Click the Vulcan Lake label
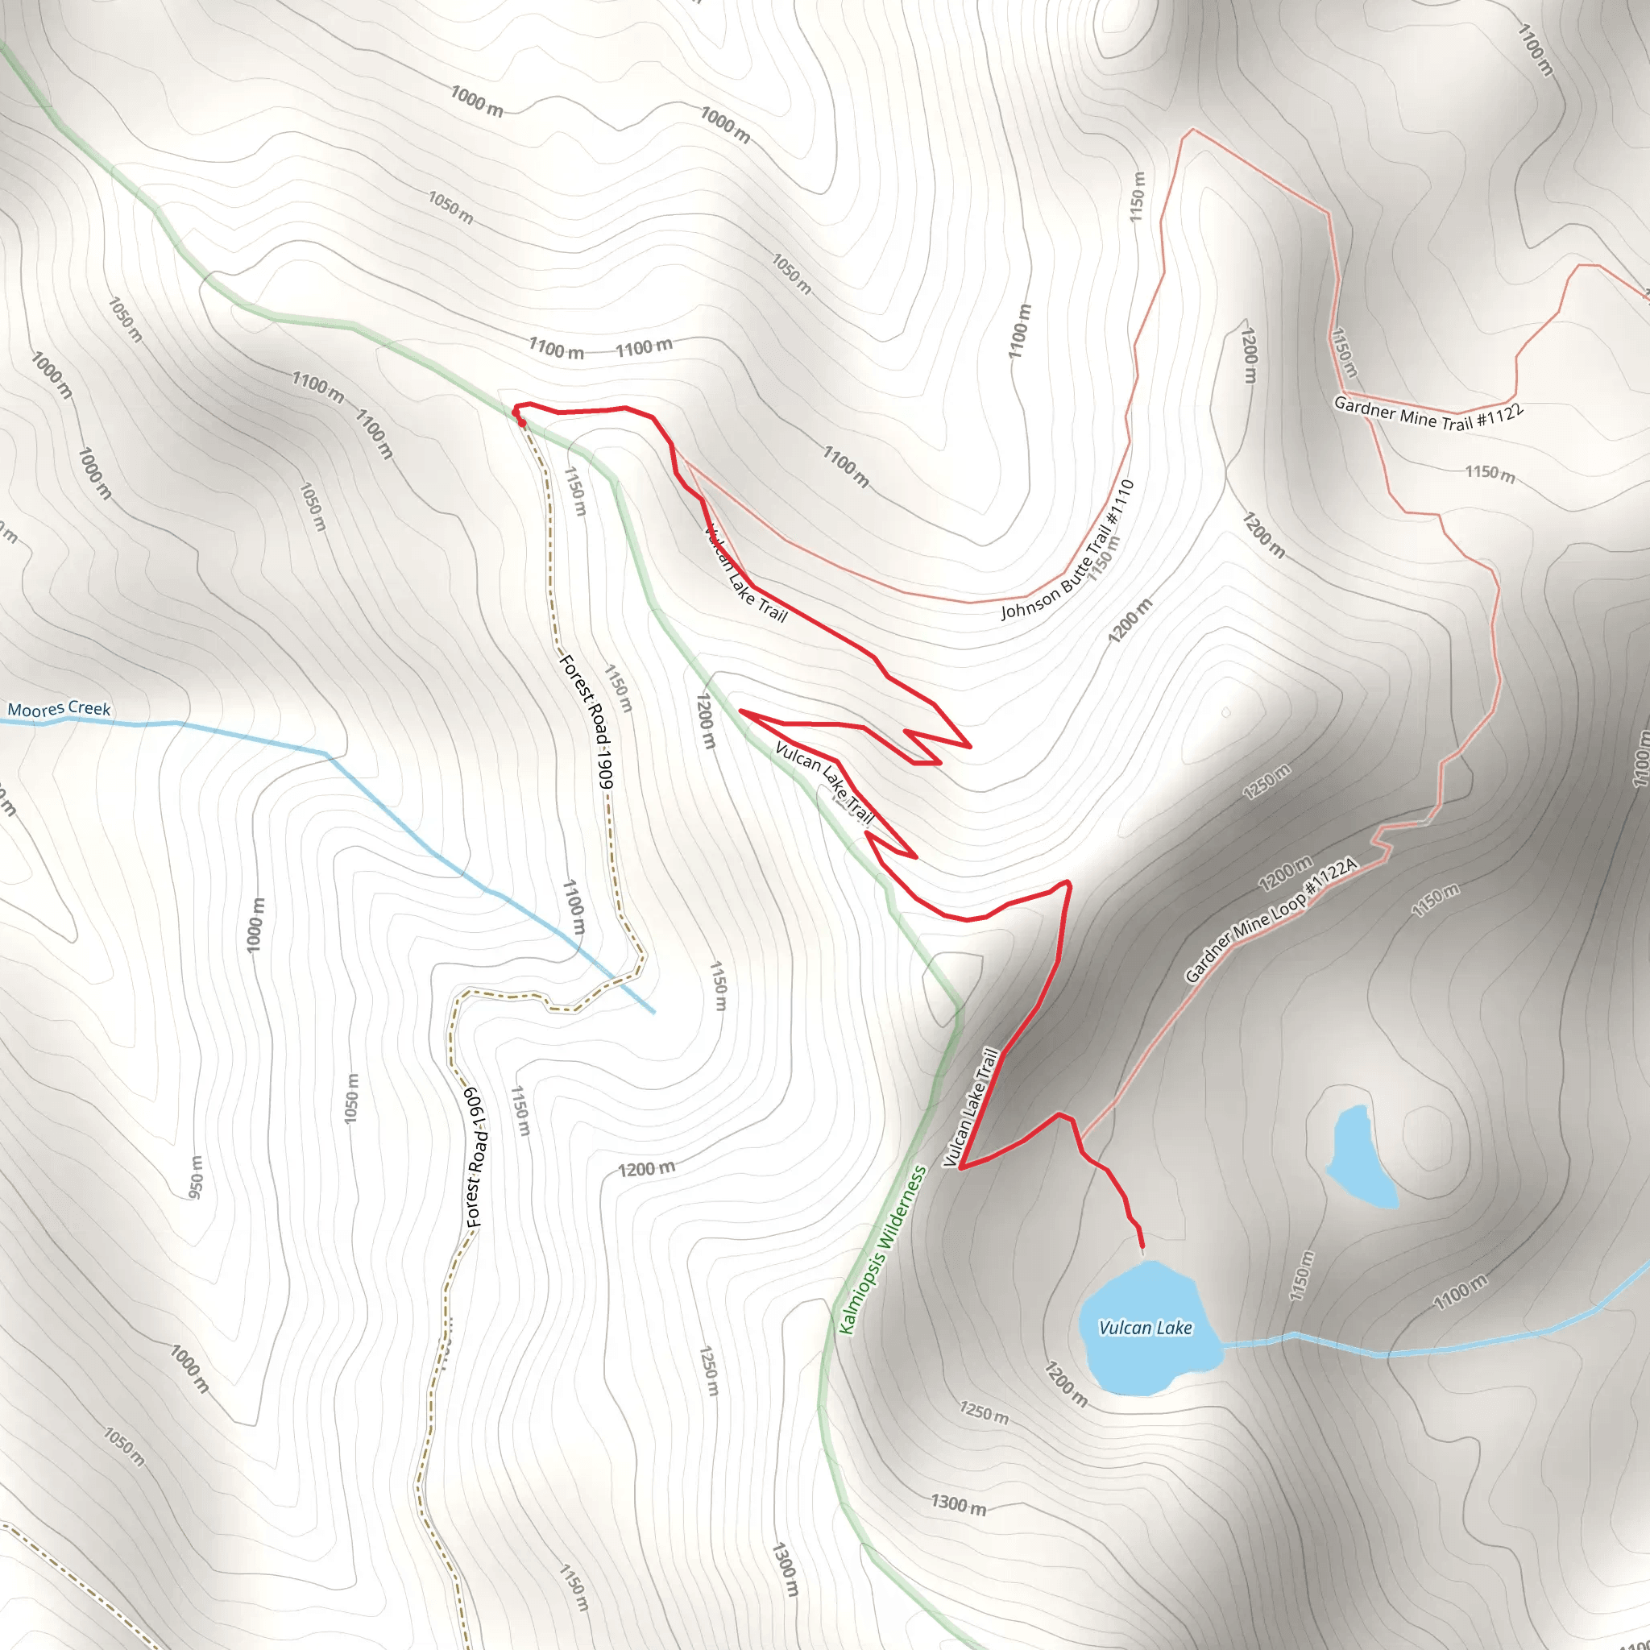tap(1144, 1327)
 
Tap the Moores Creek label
tap(59, 709)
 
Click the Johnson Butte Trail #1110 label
tap(1068, 549)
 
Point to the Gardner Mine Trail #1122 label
tap(1428, 413)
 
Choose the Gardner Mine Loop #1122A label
tap(1270, 920)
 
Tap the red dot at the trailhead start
tap(522, 422)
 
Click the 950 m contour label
tap(197, 1176)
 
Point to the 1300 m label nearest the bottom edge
tap(784, 1569)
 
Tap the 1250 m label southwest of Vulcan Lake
tap(983, 1412)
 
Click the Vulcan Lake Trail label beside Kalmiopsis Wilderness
tap(971, 1108)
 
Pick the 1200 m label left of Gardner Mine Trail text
tap(1250, 354)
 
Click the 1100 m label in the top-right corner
tap(1535, 49)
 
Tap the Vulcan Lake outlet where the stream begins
tap(1223, 1346)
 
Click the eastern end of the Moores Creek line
tap(653, 1012)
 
